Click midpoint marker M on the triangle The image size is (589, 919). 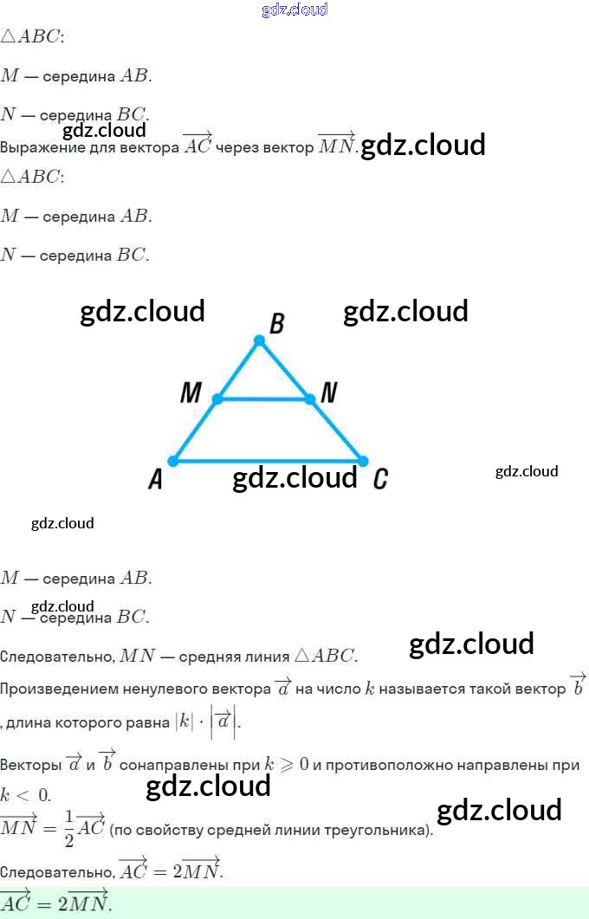pyautogui.click(x=217, y=399)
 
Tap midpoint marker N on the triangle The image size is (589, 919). pyautogui.click(x=309, y=399)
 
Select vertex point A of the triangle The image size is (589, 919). pyautogui.click(x=173, y=461)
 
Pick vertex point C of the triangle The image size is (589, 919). pyautogui.click(x=363, y=461)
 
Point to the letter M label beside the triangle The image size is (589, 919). pyautogui.click(x=191, y=393)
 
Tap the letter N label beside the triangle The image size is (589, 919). pyautogui.click(x=328, y=393)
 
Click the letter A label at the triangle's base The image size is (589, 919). pyautogui.click(x=155, y=478)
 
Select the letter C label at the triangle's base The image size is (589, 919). pyautogui.click(x=380, y=478)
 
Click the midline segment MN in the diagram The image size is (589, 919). pyautogui.click(x=263, y=399)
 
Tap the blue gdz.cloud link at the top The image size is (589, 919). pyautogui.click(x=294, y=10)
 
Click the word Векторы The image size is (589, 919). pyautogui.click(x=29, y=766)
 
